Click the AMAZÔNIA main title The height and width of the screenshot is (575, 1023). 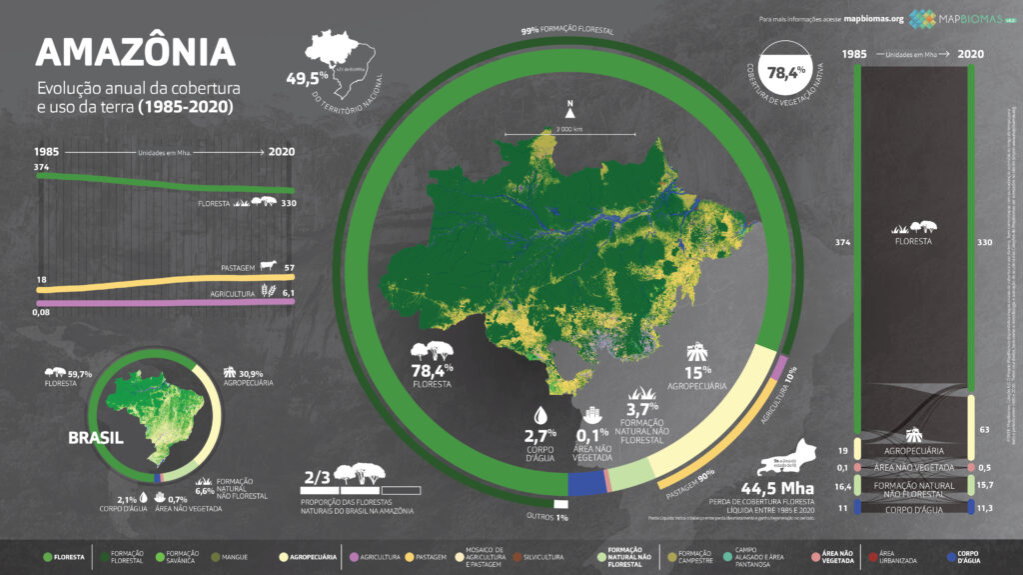(x=136, y=52)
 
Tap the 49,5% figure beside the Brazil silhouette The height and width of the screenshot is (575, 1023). (x=308, y=78)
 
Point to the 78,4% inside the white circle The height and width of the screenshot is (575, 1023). (x=785, y=72)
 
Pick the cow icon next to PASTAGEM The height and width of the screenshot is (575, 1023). (x=268, y=266)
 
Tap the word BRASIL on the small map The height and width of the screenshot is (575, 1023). (x=95, y=437)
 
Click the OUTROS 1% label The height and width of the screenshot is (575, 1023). (x=547, y=517)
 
